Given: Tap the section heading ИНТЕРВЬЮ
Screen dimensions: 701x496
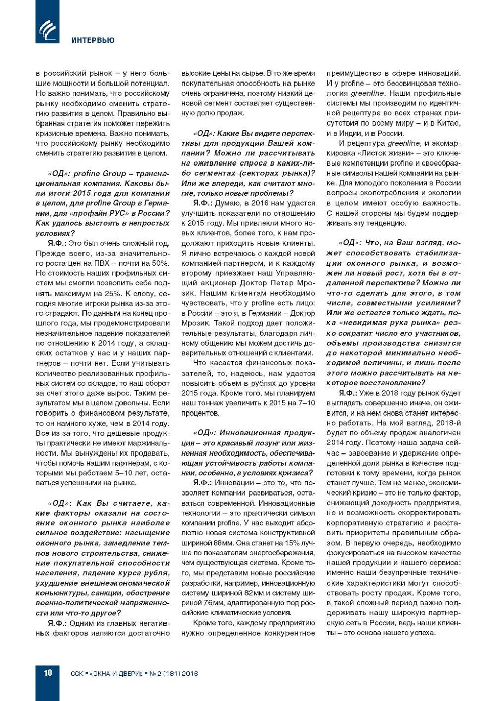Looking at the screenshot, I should click(x=93, y=40).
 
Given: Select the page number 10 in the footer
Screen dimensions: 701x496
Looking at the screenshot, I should click(x=47, y=673).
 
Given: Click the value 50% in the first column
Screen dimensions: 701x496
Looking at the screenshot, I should click(x=160, y=263).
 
